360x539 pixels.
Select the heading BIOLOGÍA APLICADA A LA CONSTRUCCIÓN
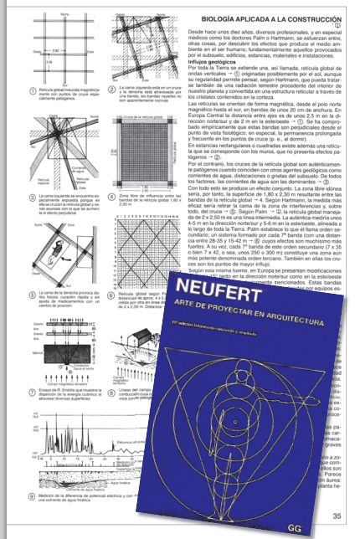268,14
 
